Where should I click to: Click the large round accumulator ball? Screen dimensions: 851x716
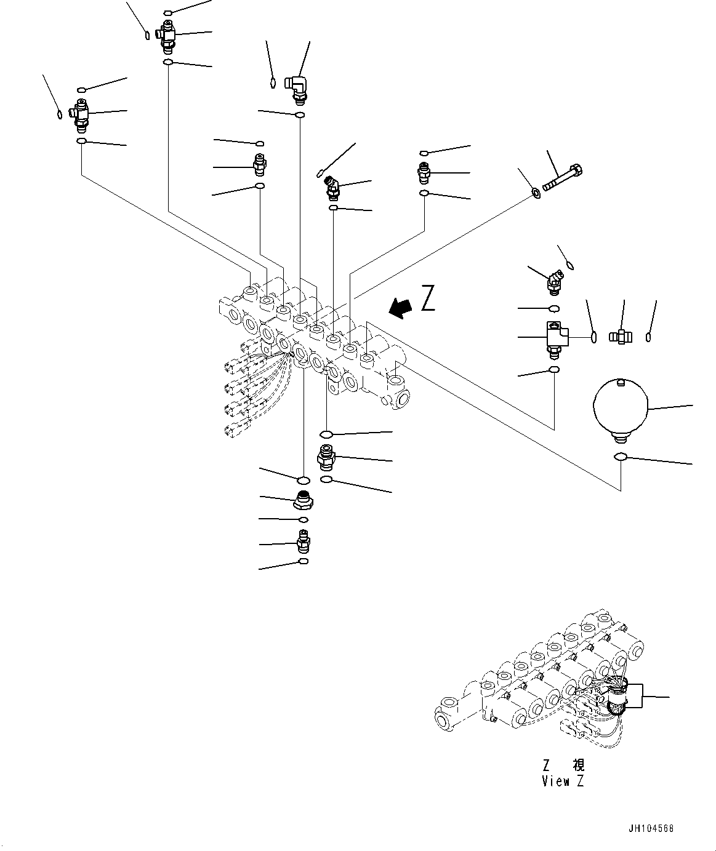coord(621,407)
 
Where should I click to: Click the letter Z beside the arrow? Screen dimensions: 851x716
coord(428,298)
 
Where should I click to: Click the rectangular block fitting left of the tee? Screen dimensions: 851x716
coord(555,337)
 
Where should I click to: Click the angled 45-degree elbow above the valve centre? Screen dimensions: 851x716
coord(333,187)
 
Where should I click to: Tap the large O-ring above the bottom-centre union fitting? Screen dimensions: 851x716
coord(327,434)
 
